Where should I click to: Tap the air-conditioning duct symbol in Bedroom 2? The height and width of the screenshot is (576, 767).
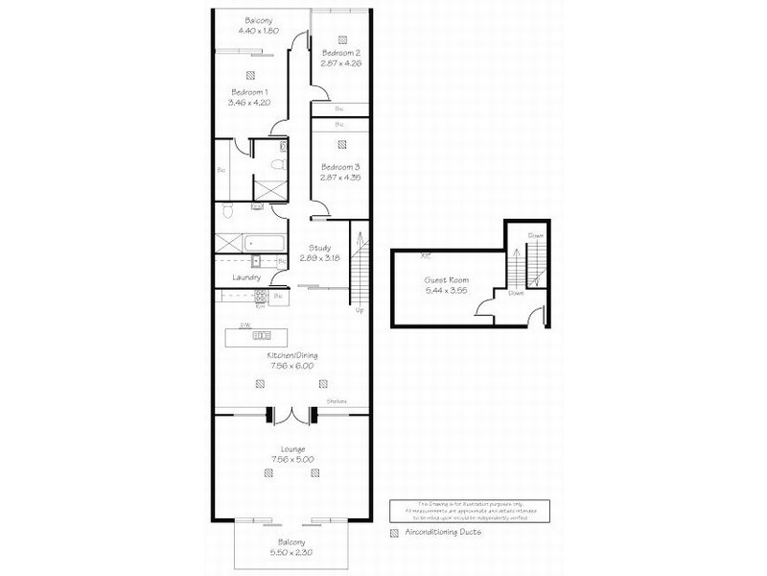[342, 40]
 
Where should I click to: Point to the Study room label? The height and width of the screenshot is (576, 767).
[319, 247]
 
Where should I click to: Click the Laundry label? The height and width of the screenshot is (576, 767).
[246, 278]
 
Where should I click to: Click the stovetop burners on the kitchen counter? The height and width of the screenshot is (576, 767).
[259, 298]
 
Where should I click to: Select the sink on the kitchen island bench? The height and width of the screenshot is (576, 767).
[263, 336]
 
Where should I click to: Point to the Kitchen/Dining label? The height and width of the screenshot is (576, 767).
[292, 355]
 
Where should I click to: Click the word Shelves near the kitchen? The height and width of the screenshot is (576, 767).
[336, 401]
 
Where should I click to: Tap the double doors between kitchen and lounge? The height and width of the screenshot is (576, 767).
[291, 415]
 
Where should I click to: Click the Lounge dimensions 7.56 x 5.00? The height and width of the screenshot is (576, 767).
[292, 459]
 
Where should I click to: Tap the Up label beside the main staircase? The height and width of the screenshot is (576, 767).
[360, 310]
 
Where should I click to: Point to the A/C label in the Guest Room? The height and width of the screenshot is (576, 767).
[426, 255]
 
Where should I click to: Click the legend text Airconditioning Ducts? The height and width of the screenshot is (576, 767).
[443, 531]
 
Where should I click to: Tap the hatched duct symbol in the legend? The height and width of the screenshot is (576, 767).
[394, 531]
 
